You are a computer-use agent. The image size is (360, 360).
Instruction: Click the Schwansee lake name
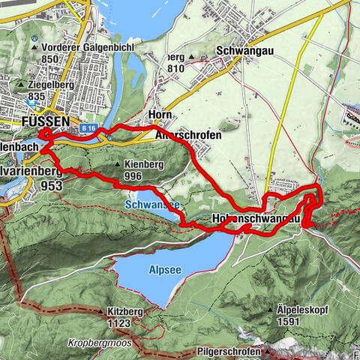(152, 204)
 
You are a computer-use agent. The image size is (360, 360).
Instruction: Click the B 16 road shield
(86, 128)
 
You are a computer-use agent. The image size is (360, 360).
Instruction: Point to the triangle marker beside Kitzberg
(99, 310)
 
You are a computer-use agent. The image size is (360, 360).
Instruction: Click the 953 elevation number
(52, 185)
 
